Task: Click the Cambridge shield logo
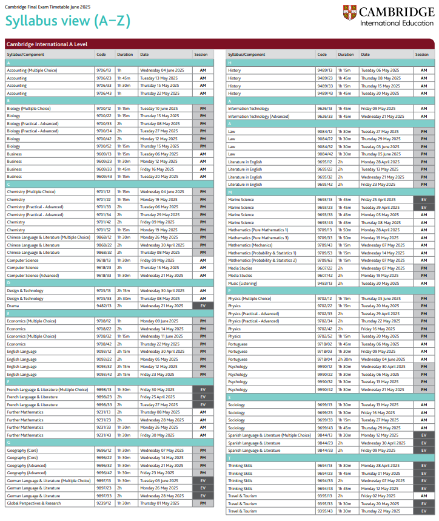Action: [x=350, y=12]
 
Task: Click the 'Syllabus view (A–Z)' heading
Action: [x=67, y=21]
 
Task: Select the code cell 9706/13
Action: [x=104, y=70]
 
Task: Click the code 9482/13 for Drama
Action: [x=104, y=306]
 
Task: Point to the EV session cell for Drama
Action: [x=203, y=306]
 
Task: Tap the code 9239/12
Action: [x=104, y=503]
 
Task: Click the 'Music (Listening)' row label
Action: [x=241, y=283]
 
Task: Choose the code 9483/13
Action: [x=325, y=283]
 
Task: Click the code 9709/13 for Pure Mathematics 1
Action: [x=325, y=230]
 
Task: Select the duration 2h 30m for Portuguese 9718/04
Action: [x=346, y=359]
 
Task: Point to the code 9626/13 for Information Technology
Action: [x=325, y=109]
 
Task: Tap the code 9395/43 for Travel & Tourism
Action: [x=325, y=511]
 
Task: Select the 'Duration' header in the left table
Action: [x=125, y=55]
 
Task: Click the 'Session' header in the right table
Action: [x=421, y=55]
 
